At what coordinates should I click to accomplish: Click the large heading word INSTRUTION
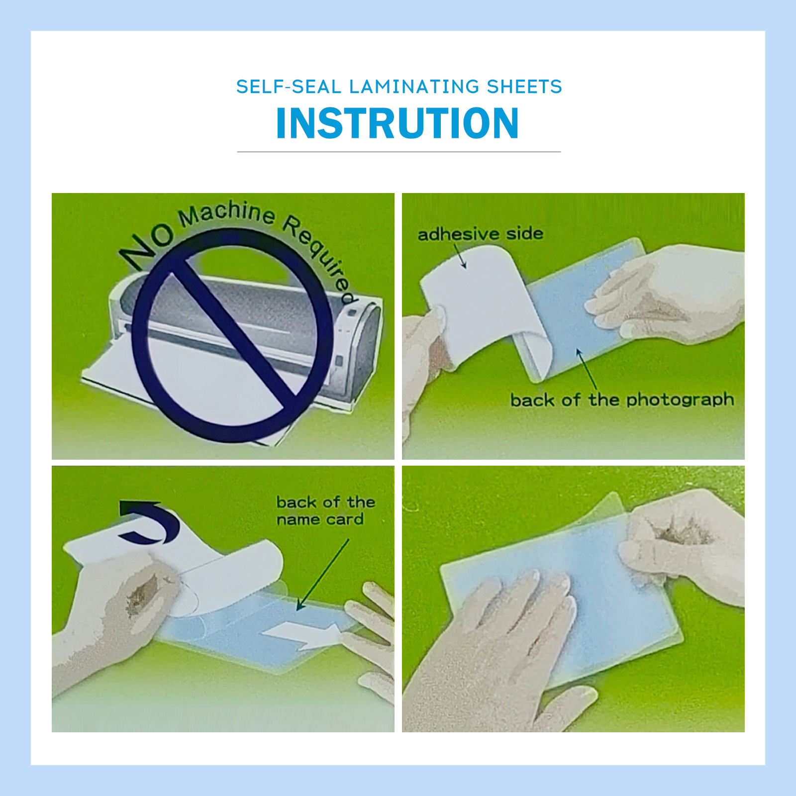(398, 123)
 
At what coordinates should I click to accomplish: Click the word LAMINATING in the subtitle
(413, 87)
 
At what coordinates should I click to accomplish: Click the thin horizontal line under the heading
(398, 152)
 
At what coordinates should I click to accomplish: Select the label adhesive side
(480, 234)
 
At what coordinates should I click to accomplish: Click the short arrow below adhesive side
(460, 256)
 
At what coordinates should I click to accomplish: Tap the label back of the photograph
(622, 399)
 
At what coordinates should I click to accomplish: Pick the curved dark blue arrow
(149, 522)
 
